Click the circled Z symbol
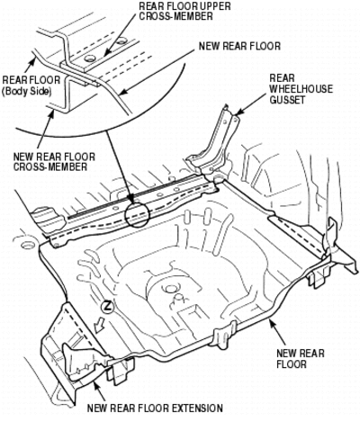click(107, 308)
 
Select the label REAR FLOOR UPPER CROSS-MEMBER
click(184, 11)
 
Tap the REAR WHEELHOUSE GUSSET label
click(301, 89)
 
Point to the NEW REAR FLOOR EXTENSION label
click(155, 409)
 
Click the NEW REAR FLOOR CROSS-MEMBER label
click(54, 162)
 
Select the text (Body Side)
click(26, 91)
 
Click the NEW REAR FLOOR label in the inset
click(239, 46)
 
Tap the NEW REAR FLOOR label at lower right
click(301, 358)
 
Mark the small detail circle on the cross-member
click(137, 214)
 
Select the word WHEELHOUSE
click(301, 89)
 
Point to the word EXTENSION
click(197, 409)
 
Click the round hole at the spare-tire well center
click(171, 289)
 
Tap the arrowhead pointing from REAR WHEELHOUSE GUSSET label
click(238, 112)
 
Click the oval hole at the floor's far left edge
click(27, 244)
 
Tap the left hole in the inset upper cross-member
click(89, 58)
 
